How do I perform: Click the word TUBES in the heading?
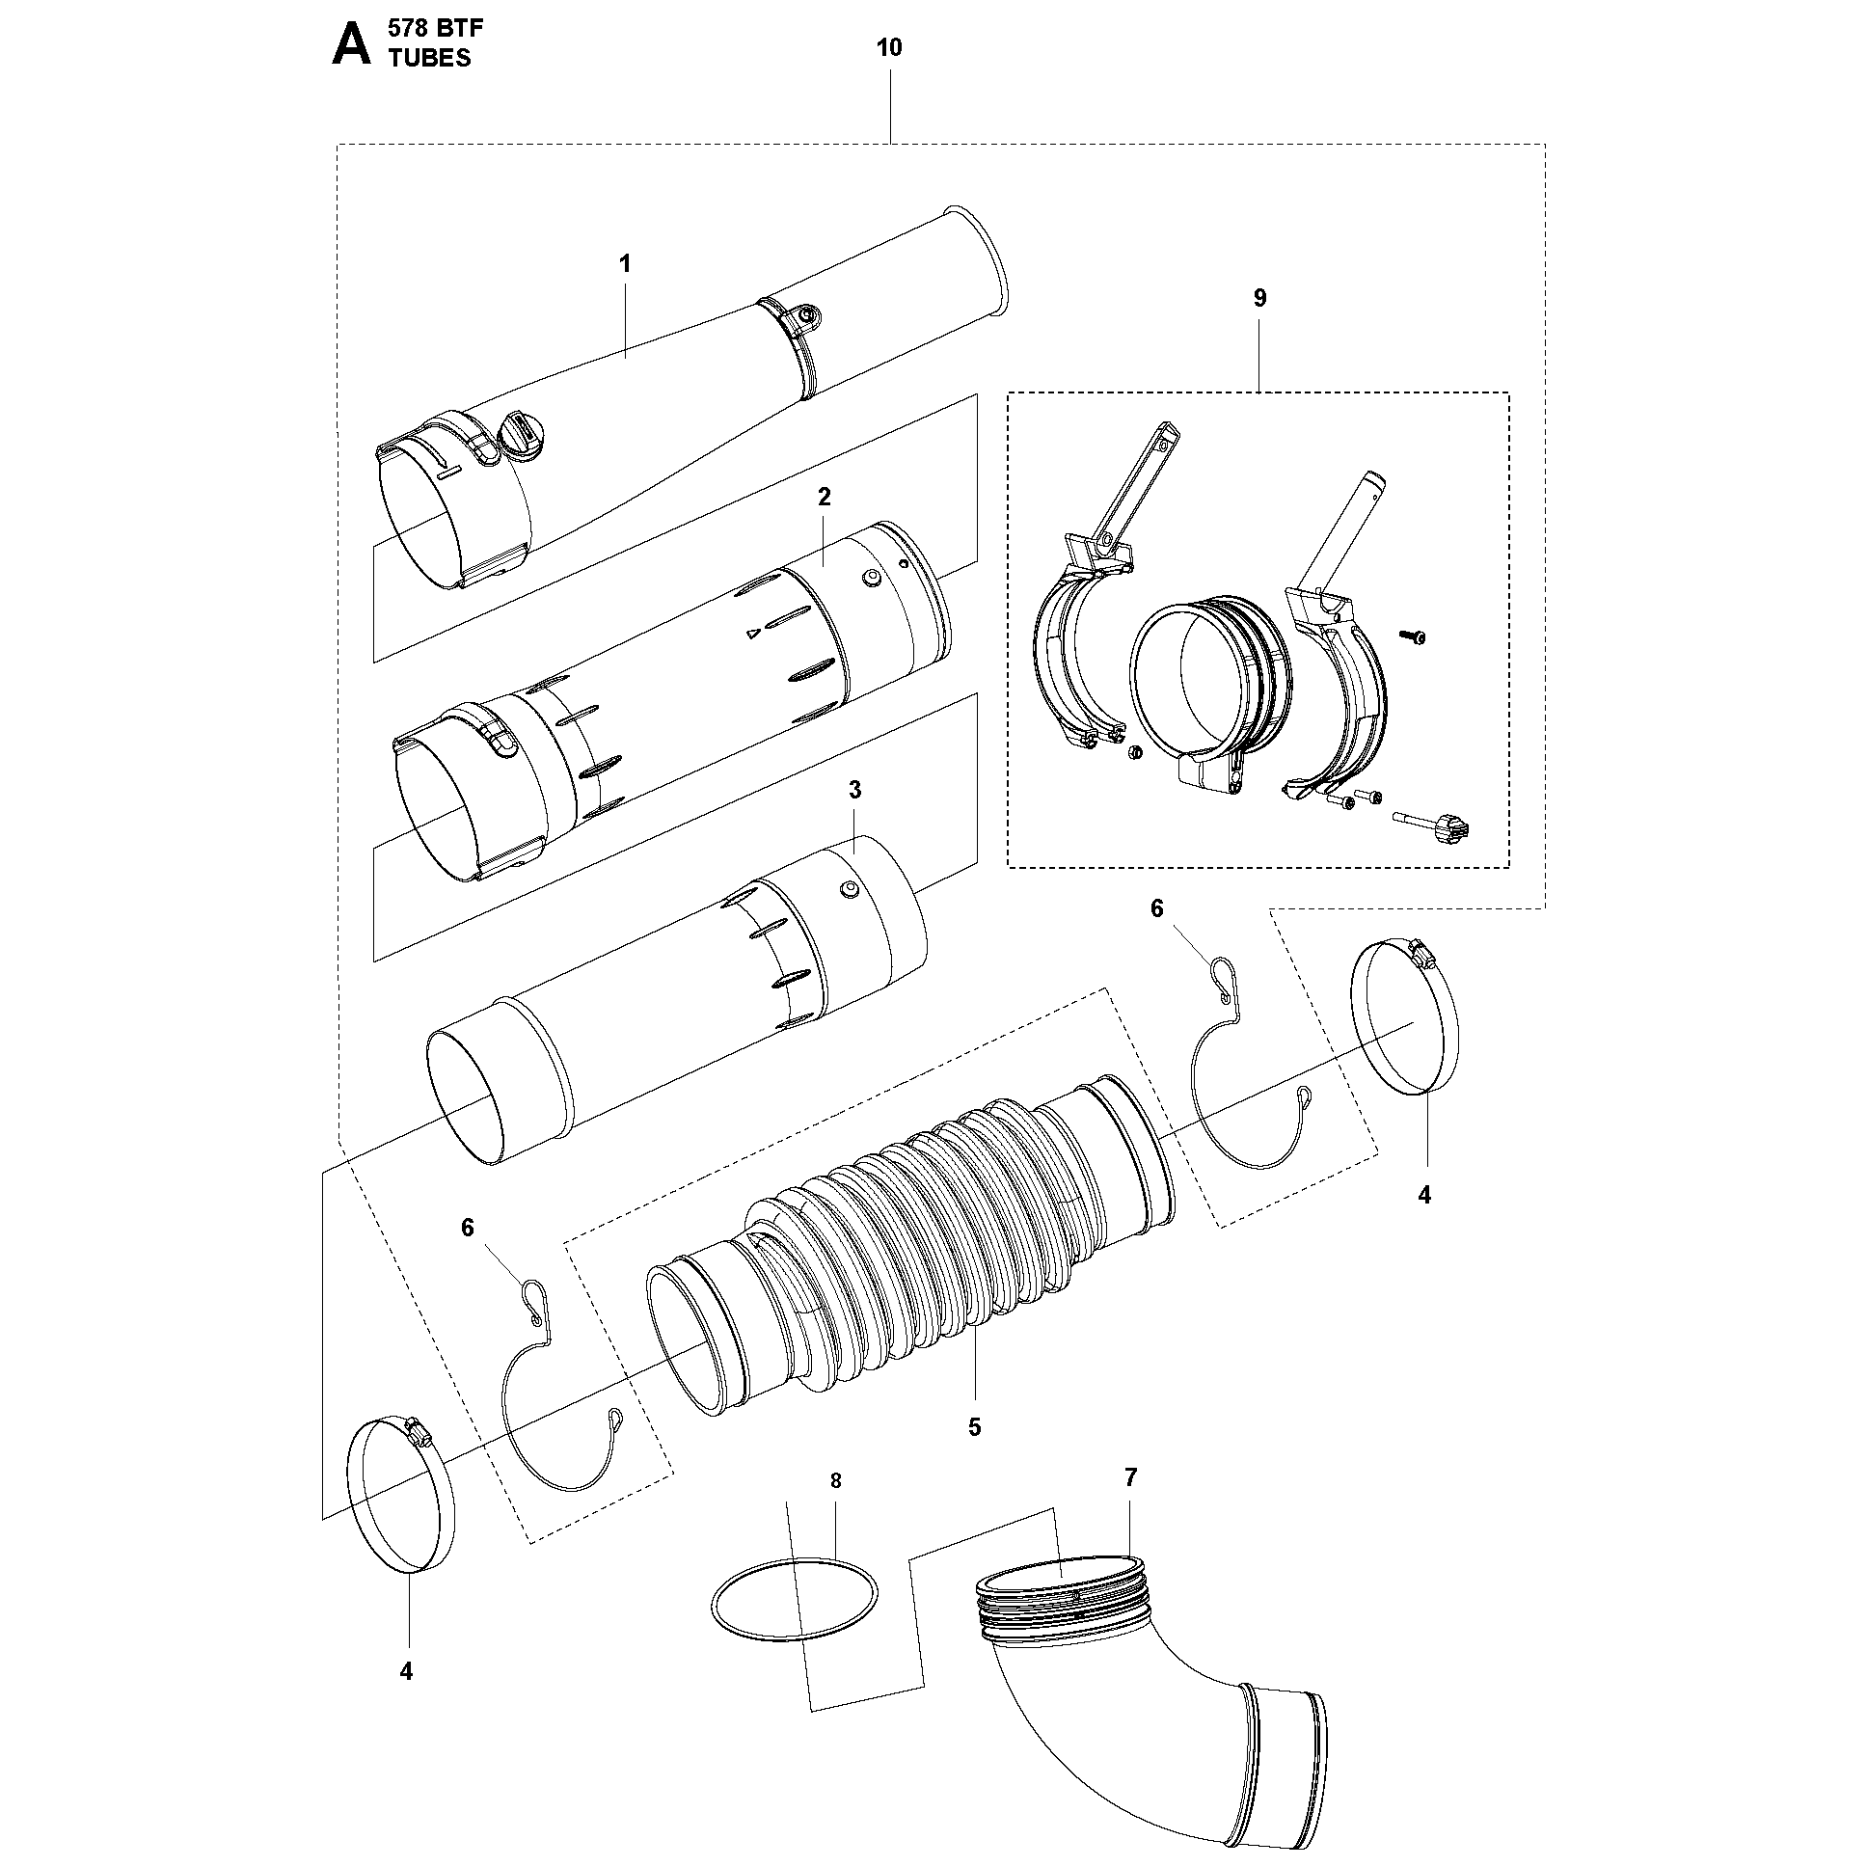click(x=430, y=58)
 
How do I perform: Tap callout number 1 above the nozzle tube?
click(x=625, y=264)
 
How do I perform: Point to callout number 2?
click(x=825, y=497)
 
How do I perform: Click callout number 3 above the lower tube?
click(x=854, y=790)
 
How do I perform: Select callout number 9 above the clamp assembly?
click(x=1259, y=299)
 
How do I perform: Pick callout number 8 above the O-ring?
click(x=836, y=1507)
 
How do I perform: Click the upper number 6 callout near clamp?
click(x=1156, y=908)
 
